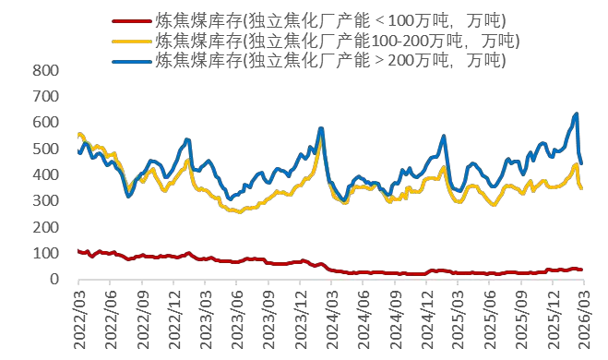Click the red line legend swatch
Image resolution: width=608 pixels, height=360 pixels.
coord(131,20)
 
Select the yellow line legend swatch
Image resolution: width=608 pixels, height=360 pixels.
coord(131,41)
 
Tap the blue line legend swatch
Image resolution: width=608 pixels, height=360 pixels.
coord(131,61)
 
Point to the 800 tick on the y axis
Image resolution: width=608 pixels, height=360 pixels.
coord(45,70)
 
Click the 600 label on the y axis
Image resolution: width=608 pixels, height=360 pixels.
coord(45,123)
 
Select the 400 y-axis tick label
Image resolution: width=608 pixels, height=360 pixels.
coord(45,174)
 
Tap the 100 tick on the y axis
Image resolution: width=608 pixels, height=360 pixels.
coord(45,253)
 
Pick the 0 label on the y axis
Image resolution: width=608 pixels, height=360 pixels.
coord(54,279)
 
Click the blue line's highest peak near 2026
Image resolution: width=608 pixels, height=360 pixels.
coord(577,114)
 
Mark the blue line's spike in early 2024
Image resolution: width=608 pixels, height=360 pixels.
coord(321,128)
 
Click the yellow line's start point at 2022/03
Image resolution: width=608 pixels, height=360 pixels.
coord(78,135)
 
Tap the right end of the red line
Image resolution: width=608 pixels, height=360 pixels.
coord(581,270)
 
